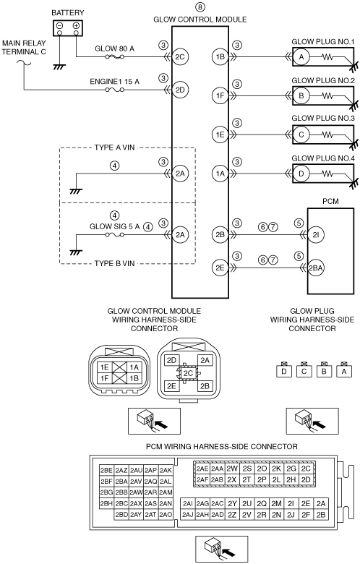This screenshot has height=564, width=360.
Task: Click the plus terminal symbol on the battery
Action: (x=76, y=25)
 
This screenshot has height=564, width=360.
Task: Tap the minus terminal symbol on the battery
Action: (x=60, y=25)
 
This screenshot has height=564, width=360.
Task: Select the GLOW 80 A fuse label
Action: (x=114, y=48)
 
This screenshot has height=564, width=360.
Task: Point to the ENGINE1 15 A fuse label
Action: (x=114, y=81)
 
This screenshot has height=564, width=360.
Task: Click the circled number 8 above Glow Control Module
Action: (x=200, y=7)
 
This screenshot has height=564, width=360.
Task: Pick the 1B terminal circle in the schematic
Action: (x=220, y=56)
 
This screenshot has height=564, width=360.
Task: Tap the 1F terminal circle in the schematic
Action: (x=220, y=95)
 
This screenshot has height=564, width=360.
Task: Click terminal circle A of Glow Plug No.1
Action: (x=301, y=56)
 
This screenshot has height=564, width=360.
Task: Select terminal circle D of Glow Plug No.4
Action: (x=301, y=174)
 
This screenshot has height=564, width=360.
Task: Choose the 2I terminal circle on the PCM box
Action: (x=316, y=235)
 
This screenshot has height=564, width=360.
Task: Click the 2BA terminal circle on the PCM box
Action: (x=316, y=268)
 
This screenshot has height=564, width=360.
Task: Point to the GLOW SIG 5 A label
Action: (x=114, y=226)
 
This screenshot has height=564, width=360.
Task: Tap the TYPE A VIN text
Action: (x=114, y=148)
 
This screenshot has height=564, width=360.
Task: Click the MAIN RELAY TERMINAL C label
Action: (x=24, y=47)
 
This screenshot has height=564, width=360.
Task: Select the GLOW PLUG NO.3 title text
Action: (x=323, y=118)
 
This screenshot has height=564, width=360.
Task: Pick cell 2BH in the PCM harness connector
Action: (x=106, y=503)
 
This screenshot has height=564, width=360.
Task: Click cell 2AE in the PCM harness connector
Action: (x=202, y=469)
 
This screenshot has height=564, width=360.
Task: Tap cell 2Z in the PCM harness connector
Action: (x=232, y=515)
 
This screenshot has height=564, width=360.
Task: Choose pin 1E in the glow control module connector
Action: (x=105, y=367)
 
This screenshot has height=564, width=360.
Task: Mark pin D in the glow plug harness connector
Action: (x=284, y=371)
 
